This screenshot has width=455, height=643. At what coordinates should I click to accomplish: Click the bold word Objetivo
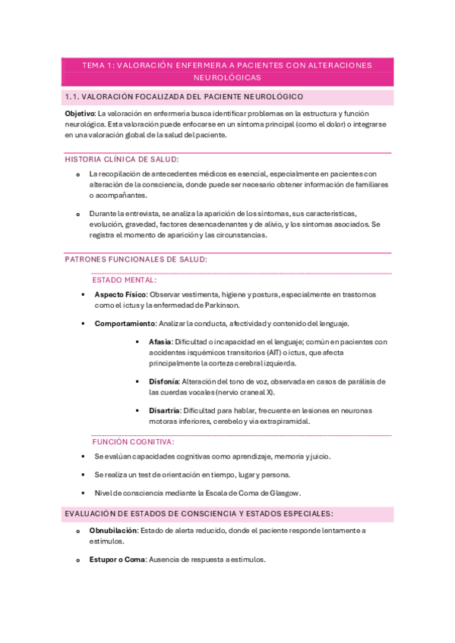pyautogui.click(x=80, y=113)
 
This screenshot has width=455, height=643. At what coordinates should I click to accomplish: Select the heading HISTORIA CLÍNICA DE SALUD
pyautogui.click(x=122, y=159)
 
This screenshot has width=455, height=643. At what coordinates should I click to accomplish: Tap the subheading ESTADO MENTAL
pyautogui.click(x=125, y=280)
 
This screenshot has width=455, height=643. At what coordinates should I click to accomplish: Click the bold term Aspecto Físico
pyautogui.click(x=120, y=294)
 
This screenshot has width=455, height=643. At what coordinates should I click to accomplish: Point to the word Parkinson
pyautogui.click(x=220, y=305)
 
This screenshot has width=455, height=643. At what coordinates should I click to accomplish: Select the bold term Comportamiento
pyautogui.click(x=125, y=324)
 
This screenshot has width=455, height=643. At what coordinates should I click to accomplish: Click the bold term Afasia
pyautogui.click(x=160, y=342)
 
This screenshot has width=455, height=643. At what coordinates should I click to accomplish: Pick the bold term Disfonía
pyautogui.click(x=164, y=381)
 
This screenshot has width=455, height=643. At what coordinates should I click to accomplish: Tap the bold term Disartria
pyautogui.click(x=165, y=411)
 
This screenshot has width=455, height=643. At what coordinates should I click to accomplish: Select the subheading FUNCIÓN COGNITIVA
pyautogui.click(x=133, y=441)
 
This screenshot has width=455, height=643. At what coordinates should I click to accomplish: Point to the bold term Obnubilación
pyautogui.click(x=114, y=531)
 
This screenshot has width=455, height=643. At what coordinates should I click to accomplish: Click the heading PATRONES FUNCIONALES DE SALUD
pyautogui.click(x=136, y=259)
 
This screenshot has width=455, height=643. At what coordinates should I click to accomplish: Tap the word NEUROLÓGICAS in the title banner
pyautogui.click(x=227, y=77)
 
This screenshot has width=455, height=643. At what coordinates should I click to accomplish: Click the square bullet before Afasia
pyautogui.click(x=137, y=343)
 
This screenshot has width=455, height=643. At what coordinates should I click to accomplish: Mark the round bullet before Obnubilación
pyautogui.click(x=77, y=532)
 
